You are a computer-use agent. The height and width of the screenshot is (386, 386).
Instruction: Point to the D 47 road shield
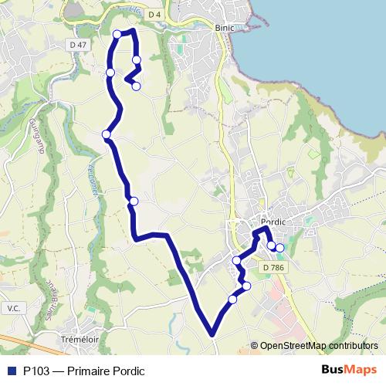coord(77,46)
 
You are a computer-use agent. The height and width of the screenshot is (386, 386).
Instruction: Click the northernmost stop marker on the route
coord(117,33)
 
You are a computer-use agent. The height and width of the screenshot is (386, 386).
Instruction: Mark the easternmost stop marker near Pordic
coord(279,248)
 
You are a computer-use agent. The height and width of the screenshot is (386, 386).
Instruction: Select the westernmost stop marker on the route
coord(106,135)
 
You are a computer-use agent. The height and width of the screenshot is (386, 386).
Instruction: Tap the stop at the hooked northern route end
coord(136,86)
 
